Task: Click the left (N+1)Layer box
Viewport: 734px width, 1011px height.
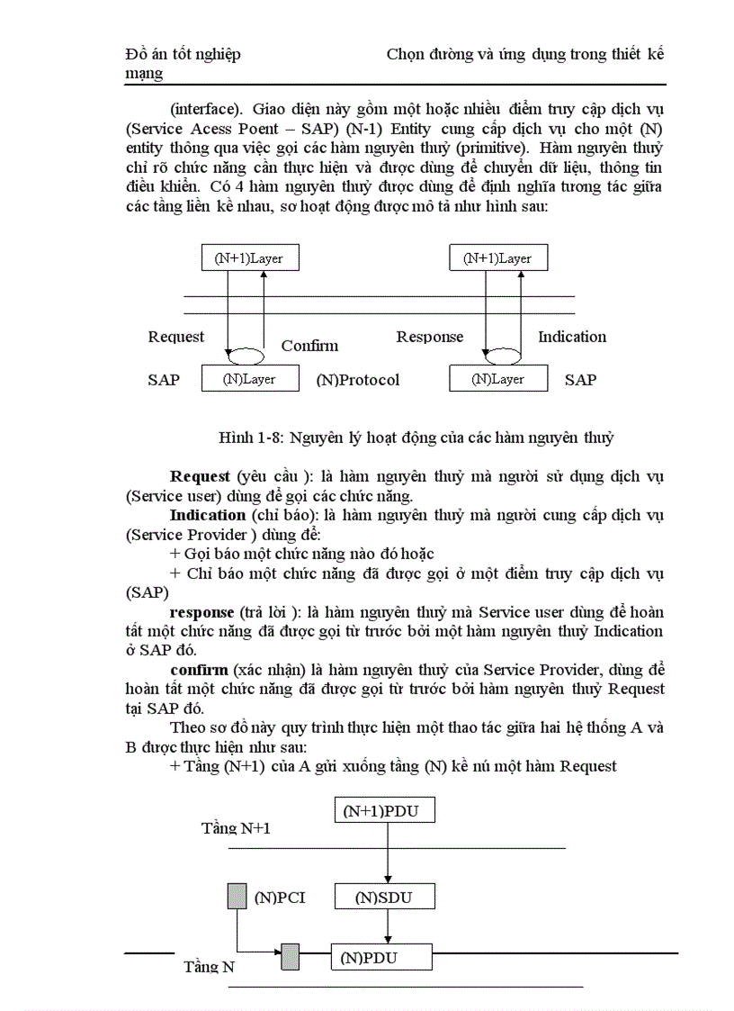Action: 248,258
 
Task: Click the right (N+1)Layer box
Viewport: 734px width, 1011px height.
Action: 497,258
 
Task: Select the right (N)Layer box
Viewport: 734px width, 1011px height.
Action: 497,379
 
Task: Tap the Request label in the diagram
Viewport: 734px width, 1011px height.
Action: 176,337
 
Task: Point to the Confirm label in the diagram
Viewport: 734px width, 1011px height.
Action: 309,346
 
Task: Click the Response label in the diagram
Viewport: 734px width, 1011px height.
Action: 430,337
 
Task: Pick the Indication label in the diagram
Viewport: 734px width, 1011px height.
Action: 572,337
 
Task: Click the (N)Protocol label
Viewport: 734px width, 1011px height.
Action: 358,380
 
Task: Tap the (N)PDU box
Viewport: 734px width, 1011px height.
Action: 382,958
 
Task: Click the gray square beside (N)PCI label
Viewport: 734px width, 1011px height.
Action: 236,897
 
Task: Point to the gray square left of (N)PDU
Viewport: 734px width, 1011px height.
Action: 290,957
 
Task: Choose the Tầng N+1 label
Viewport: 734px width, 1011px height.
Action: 236,827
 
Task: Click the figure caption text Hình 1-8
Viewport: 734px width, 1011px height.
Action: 416,438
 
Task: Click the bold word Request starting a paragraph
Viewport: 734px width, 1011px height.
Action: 200,475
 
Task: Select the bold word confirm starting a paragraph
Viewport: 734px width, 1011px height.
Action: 199,670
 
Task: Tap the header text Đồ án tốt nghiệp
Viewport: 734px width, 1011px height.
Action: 183,55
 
